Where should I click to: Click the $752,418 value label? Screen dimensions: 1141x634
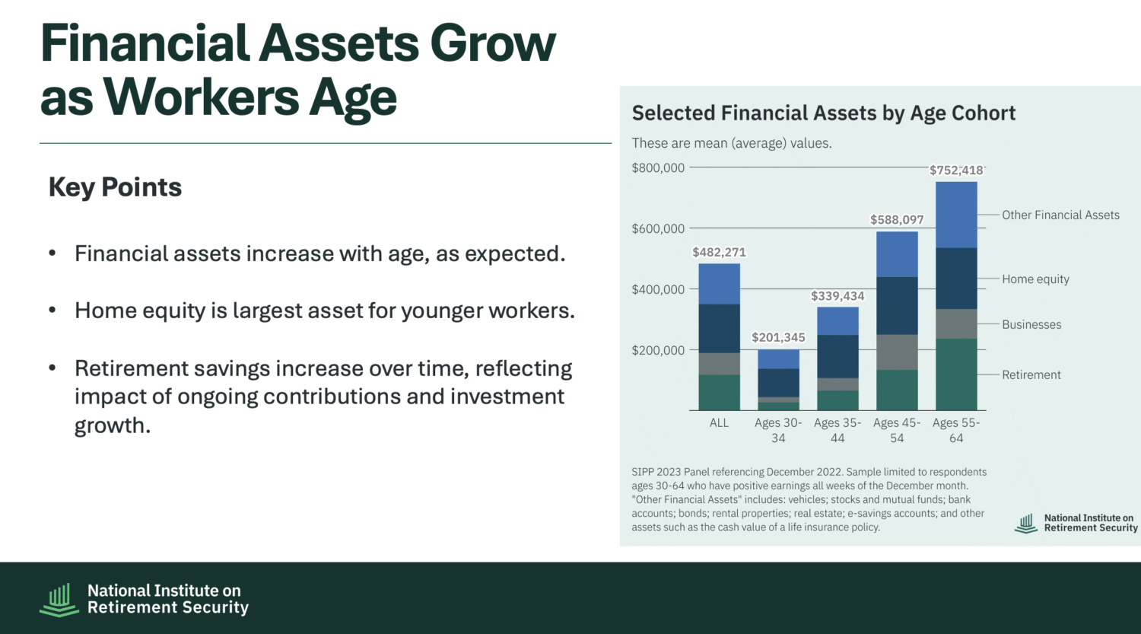tap(956, 170)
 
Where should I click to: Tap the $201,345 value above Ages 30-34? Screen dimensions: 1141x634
tap(778, 337)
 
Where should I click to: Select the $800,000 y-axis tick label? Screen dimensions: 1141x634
tap(658, 167)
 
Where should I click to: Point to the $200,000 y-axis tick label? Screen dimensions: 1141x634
tap(658, 350)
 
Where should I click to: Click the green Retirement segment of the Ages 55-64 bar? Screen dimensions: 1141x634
tap(956, 374)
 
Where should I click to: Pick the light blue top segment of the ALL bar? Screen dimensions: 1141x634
tap(720, 284)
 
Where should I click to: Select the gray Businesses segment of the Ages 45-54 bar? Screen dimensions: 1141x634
tap(897, 352)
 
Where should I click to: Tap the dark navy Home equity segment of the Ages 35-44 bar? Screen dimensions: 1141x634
tap(838, 356)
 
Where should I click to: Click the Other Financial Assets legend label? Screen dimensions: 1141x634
tap(1060, 215)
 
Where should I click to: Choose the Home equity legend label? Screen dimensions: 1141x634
tap(1035, 279)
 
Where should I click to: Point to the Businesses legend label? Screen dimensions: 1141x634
tap(1031, 325)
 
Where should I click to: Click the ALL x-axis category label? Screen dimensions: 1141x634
tap(720, 423)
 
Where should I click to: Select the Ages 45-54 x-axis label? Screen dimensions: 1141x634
tap(897, 430)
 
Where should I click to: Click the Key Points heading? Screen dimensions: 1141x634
tap(115, 187)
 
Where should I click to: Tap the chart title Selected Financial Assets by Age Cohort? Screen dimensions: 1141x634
tap(824, 113)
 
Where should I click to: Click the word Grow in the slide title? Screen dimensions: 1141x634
tap(493, 44)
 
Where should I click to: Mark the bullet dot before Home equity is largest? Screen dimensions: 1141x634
tap(52, 310)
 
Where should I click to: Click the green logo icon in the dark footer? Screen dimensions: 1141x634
tap(59, 600)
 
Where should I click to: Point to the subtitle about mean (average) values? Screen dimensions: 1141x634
tap(732, 143)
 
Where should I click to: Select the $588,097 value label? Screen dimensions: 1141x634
tap(897, 220)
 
